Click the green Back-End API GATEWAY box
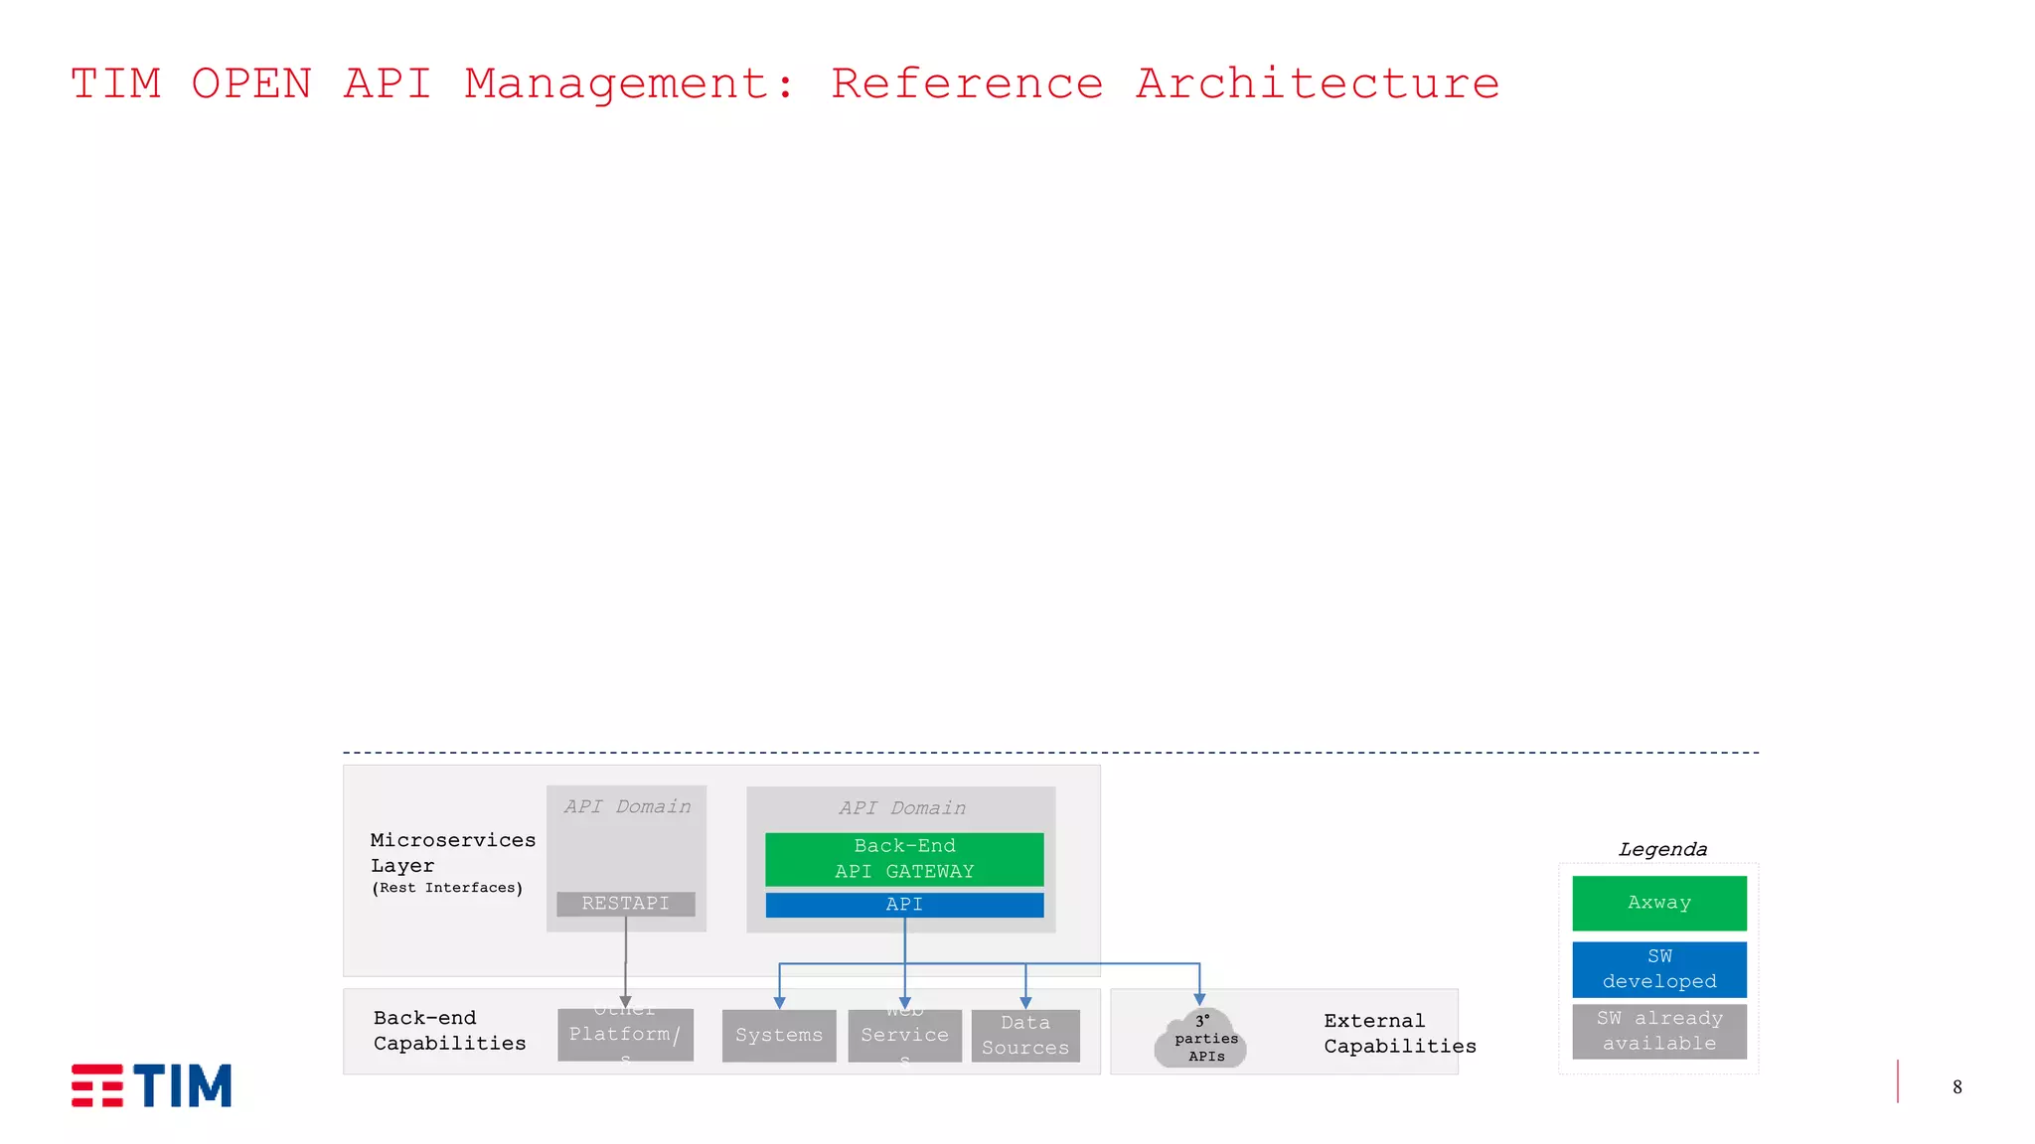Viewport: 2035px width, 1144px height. tap(904, 859)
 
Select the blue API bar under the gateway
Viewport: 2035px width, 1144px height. tap(904, 905)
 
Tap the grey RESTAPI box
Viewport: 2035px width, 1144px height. tap(625, 904)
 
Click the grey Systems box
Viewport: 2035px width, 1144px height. tap(779, 1036)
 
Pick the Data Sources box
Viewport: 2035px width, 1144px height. tap(1025, 1036)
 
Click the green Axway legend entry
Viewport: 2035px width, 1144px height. tap(1658, 903)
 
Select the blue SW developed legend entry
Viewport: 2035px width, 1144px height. tap(1658, 969)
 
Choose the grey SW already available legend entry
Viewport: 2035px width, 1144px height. tap(1658, 1031)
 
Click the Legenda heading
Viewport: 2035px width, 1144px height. tap(1662, 850)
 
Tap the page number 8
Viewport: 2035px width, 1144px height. tap(1957, 1087)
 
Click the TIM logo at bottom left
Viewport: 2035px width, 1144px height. tap(151, 1085)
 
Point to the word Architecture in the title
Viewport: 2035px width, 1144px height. tap(1318, 84)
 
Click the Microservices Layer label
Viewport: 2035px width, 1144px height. tap(452, 853)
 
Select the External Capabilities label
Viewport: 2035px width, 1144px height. tap(1399, 1034)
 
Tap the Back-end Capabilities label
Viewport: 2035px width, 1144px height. tap(449, 1031)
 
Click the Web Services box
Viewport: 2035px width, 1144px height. tap(904, 1036)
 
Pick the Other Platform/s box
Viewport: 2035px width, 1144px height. tap(625, 1035)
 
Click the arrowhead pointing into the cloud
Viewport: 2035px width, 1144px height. tap(1199, 1000)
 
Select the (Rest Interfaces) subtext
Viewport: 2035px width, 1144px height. tap(447, 888)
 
